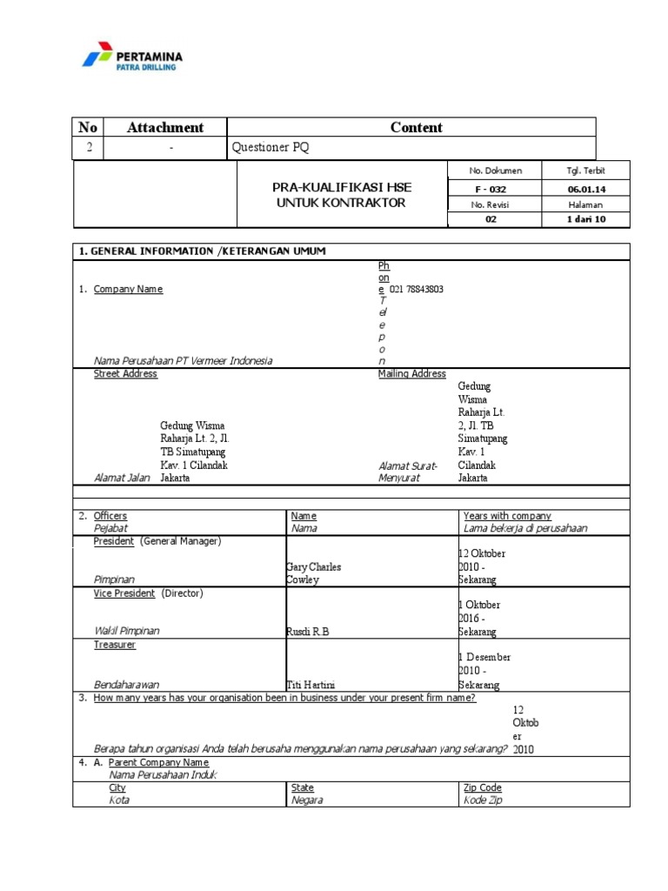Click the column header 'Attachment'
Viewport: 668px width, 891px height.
[x=164, y=127]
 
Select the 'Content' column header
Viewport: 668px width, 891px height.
[x=416, y=127]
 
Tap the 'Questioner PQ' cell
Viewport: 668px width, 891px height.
[x=270, y=148]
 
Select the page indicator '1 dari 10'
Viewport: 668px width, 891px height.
[x=584, y=220]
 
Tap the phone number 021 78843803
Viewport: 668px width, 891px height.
[x=417, y=289]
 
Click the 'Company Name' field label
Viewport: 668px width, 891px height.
[x=128, y=289]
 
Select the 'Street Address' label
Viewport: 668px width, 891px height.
[x=125, y=373]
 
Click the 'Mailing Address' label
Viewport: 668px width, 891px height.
[x=411, y=373]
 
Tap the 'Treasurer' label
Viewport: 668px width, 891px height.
[x=115, y=645]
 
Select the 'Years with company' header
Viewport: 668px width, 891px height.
[x=507, y=516]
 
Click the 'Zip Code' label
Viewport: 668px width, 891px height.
[x=483, y=787]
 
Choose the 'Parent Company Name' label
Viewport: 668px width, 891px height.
[x=159, y=762]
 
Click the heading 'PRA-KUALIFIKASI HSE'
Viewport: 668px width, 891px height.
[x=340, y=188]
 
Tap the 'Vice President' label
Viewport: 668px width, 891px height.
[x=124, y=593]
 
